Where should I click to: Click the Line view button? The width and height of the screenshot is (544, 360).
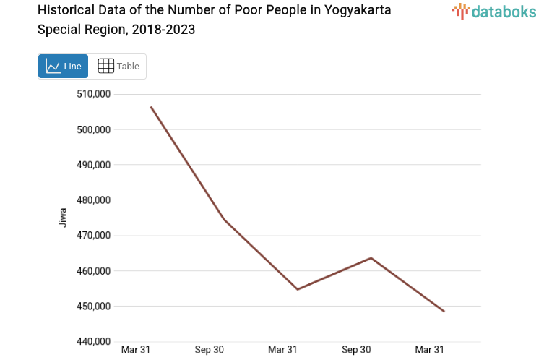tap(64, 66)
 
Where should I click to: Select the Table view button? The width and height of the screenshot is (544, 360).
tap(118, 66)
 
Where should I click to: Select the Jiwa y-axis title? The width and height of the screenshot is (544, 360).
tap(62, 218)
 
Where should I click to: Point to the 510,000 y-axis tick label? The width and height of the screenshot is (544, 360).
tap(93, 94)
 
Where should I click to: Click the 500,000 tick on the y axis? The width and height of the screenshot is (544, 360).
tap(93, 129)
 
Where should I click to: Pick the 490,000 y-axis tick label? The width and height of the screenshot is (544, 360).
tap(93, 165)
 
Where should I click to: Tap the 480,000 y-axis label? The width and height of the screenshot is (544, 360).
tap(93, 200)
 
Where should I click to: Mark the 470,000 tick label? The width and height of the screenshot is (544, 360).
tap(93, 236)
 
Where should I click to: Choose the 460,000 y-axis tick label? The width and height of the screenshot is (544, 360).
tap(93, 271)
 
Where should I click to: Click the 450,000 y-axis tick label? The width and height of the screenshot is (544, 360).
tap(93, 307)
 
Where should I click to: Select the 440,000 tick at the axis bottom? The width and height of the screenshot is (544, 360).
tap(93, 341)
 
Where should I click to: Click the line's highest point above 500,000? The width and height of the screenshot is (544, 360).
tap(151, 107)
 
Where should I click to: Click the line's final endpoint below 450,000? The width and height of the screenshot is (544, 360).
tap(444, 311)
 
